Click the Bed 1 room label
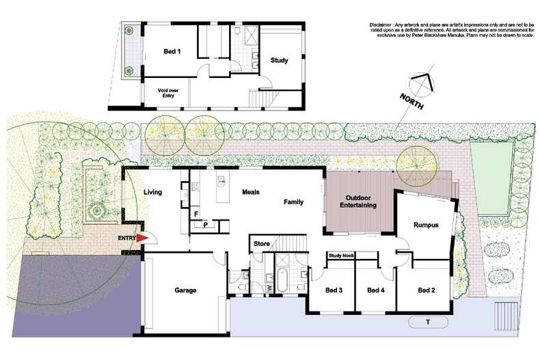[172, 52]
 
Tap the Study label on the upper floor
[279, 60]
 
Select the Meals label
[251, 192]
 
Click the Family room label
[294, 202]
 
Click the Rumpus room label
[426, 225]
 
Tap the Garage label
[185, 290]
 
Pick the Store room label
[262, 243]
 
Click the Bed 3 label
[334, 290]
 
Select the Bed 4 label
[377, 290]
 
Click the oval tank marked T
[427, 322]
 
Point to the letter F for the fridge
[195, 214]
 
